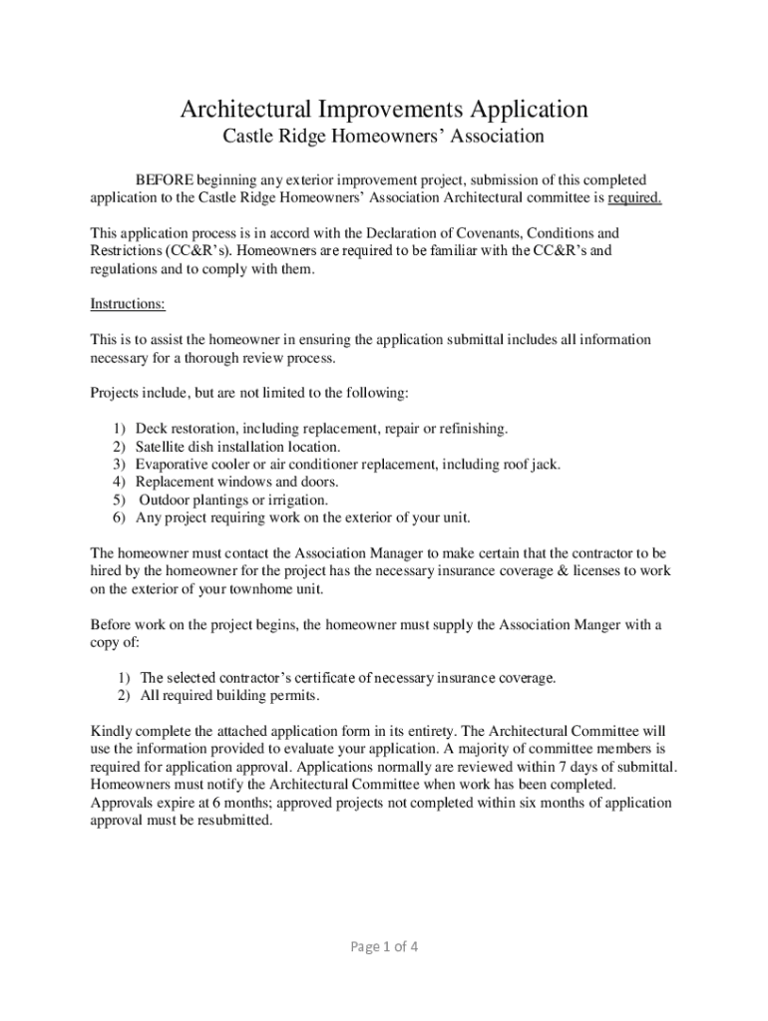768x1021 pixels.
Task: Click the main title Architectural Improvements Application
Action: tap(383, 108)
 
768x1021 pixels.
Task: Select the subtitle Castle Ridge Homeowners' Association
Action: tap(383, 136)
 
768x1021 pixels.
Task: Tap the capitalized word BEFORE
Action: tap(165, 179)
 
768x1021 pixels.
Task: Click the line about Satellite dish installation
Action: tap(237, 447)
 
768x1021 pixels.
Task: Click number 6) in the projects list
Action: tap(119, 518)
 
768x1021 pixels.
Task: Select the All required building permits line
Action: tap(229, 696)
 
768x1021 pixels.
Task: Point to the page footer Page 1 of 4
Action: tap(383, 947)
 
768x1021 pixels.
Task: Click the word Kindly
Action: tap(112, 732)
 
